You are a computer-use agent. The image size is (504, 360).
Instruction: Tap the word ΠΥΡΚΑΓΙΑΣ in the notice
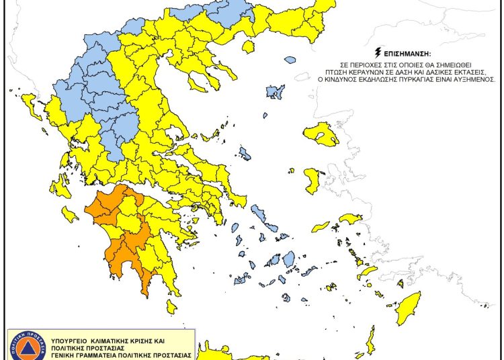(x=417, y=79)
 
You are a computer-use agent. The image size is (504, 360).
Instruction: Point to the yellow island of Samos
(x=351, y=219)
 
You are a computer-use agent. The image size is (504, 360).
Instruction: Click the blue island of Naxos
(x=289, y=259)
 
